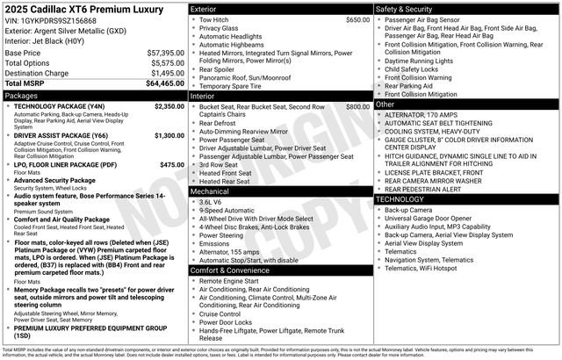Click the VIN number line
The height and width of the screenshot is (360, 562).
tap(51, 19)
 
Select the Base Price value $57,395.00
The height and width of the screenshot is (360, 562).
tap(165, 53)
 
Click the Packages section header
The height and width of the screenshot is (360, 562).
tap(22, 94)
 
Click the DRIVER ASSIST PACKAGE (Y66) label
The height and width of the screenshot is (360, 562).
tap(61, 135)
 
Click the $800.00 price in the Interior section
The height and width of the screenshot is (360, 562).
tap(357, 106)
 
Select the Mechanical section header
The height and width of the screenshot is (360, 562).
tap(210, 191)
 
